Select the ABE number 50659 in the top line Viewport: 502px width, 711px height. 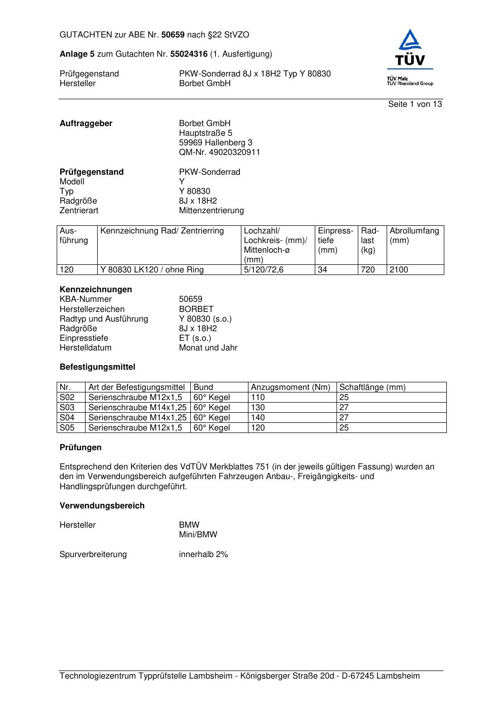tap(173, 35)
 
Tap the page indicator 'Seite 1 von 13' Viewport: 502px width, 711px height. tap(414, 104)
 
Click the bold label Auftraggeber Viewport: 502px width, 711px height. tap(86, 123)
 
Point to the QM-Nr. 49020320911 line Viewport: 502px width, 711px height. tap(219, 152)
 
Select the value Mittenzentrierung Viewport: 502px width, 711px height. tap(211, 210)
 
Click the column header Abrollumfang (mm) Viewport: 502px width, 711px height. tap(414, 235)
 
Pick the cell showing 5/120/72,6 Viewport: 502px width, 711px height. tap(264, 269)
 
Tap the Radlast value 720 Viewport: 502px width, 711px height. tap(368, 269)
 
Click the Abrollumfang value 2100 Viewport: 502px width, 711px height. tap(399, 269)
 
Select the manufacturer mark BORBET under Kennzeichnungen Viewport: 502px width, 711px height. tap(196, 309)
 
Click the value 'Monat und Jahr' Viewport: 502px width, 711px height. tap(208, 347)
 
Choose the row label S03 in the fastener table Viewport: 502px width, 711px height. tap(67, 407)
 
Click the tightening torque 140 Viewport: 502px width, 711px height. tap(258, 417)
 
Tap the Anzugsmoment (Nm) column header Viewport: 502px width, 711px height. tap(290, 387)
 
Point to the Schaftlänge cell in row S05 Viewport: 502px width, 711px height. tap(344, 427)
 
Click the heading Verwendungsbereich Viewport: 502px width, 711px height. tap(102, 505)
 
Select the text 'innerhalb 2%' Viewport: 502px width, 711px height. tap(203, 554)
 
